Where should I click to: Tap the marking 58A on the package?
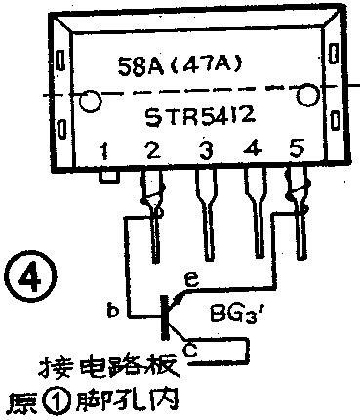tap(150, 71)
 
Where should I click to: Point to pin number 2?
tap(150, 151)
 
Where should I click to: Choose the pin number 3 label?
tap(204, 151)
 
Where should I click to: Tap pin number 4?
tap(253, 151)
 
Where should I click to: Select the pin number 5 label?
tap(298, 151)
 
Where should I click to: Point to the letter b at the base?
tap(113, 313)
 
